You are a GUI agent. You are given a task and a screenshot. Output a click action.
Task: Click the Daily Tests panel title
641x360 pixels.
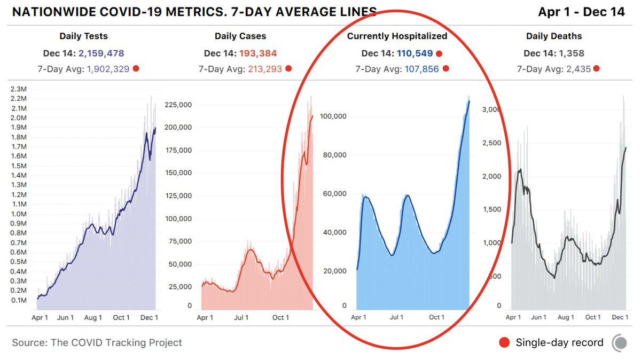point(83,36)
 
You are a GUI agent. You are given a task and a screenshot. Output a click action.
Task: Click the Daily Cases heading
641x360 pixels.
point(240,36)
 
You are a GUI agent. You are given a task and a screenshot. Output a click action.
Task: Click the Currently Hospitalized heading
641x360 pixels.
point(397,36)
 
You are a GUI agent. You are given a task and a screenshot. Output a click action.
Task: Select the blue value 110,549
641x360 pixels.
point(415,53)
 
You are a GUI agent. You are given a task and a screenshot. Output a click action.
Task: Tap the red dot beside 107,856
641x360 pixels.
point(446,69)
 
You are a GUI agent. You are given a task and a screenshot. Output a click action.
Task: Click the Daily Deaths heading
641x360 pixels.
point(554,36)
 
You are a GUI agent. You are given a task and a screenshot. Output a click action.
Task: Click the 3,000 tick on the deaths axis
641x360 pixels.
point(494,109)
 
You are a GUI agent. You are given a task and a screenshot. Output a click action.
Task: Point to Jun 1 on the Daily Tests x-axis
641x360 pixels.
point(66,317)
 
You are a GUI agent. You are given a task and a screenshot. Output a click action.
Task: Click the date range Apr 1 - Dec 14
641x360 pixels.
point(581,12)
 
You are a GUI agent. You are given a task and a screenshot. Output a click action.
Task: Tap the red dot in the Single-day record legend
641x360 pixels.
point(503,342)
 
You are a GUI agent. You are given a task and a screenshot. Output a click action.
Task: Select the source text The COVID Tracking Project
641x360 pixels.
point(116,342)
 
